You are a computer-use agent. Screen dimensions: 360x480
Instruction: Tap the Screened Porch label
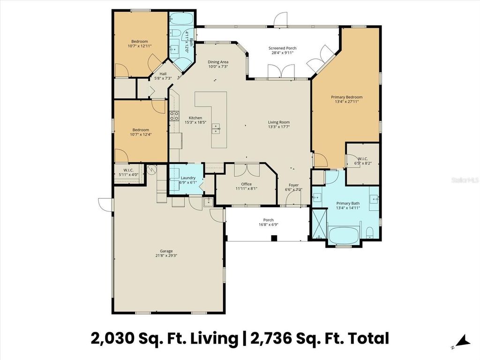(282, 48)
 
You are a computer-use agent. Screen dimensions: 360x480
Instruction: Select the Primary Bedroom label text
(346, 97)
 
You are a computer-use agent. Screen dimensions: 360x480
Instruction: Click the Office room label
(246, 184)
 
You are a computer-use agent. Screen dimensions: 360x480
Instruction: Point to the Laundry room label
(187, 178)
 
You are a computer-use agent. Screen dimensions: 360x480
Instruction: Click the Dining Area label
(218, 62)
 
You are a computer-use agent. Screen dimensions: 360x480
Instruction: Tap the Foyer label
(293, 185)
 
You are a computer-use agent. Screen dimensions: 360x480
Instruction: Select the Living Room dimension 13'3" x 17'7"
(278, 127)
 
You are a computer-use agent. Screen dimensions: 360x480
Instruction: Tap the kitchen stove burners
(174, 115)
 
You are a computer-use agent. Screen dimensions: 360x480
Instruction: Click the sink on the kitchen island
(216, 128)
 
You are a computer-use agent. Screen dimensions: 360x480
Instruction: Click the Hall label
(163, 74)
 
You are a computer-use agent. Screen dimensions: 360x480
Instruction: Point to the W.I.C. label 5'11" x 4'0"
(129, 172)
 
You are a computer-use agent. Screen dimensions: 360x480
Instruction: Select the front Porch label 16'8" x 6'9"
(268, 222)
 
